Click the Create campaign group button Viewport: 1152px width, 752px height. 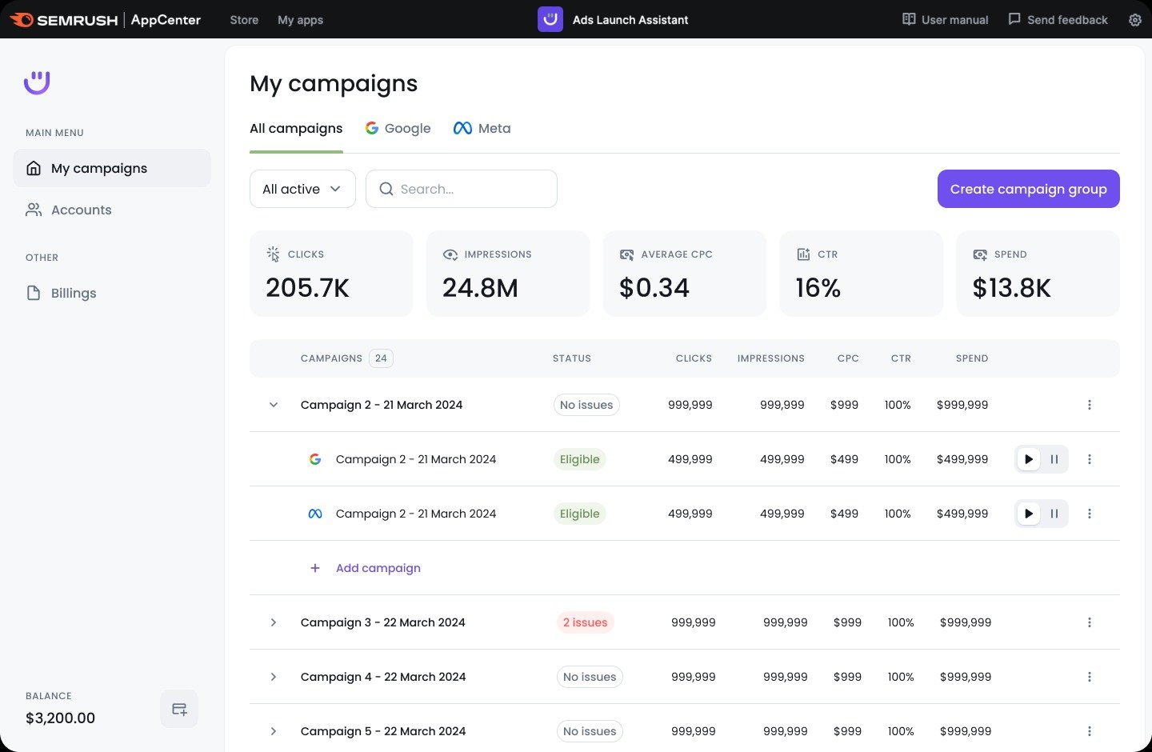(1028, 189)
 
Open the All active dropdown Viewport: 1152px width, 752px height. (302, 189)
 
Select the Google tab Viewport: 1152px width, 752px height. (398, 128)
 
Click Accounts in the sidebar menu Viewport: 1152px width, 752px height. (81, 210)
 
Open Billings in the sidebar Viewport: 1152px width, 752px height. (73, 293)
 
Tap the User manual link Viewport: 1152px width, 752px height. (945, 19)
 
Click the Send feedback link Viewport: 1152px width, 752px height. (1058, 19)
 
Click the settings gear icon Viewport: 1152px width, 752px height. (1134, 20)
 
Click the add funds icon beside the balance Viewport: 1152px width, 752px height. (179, 709)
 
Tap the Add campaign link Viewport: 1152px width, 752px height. (378, 568)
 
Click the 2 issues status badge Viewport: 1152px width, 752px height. (585, 622)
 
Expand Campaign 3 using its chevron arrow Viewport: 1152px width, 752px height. (274, 622)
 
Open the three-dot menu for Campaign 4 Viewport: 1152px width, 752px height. (1089, 677)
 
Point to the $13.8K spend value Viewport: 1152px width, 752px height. (1011, 288)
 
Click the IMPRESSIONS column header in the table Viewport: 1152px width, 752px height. (770, 358)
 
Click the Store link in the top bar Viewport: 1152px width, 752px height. (244, 20)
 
